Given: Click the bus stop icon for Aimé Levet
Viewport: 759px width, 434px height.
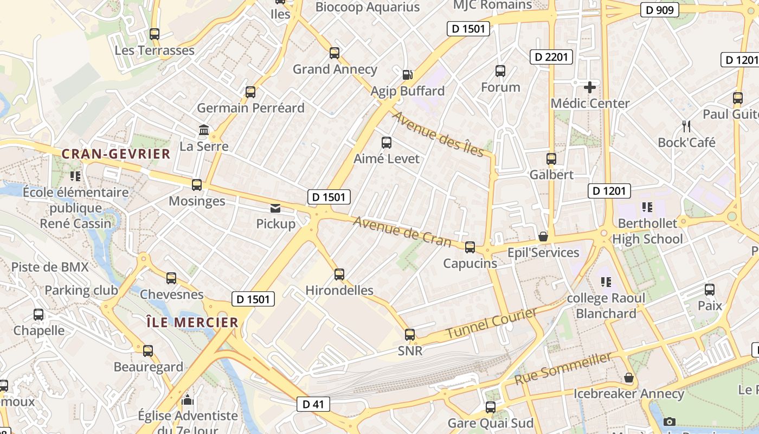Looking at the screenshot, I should [x=387, y=143].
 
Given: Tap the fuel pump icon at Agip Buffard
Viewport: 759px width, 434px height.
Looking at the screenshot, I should [x=407, y=75].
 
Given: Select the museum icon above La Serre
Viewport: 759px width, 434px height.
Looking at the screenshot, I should [x=204, y=130].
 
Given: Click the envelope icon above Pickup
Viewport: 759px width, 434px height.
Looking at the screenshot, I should [x=275, y=208].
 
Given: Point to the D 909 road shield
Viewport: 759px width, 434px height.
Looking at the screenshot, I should [x=659, y=10].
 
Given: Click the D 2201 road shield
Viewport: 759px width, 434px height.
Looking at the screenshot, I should [x=551, y=56].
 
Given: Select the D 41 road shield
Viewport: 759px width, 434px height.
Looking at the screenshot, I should [x=313, y=404].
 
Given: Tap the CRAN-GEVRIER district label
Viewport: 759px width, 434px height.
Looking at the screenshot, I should [x=116, y=154].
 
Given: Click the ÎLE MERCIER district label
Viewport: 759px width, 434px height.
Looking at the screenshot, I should [x=192, y=322].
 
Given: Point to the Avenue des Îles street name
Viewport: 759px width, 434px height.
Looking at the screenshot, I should [x=438, y=134].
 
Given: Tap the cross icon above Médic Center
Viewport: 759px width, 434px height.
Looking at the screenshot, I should [x=590, y=87].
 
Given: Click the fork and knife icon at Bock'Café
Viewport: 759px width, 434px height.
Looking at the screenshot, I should [x=686, y=126].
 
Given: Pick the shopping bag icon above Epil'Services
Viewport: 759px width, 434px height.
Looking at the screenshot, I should [x=543, y=237].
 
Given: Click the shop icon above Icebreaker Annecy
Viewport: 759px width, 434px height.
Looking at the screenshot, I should [x=629, y=378].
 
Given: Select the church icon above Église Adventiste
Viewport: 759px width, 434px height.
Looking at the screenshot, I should [x=188, y=400].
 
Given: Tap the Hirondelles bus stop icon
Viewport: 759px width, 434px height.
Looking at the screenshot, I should [x=339, y=275].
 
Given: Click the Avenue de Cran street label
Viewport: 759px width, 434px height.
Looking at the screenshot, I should [x=402, y=231].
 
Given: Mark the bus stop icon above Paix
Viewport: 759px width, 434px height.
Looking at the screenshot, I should [x=710, y=290].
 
